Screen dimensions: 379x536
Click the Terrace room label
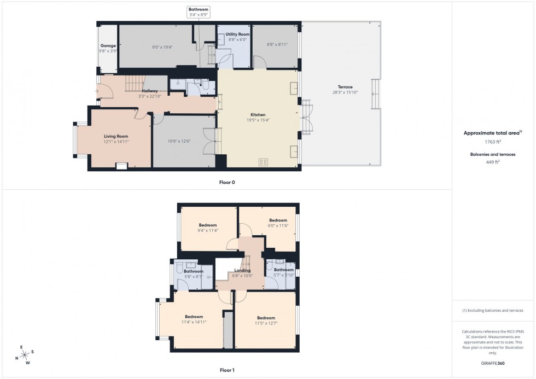(x=345, y=87)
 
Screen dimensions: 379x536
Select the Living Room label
(x=116, y=136)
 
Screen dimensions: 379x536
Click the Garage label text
(x=107, y=46)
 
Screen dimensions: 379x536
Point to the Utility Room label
(x=237, y=34)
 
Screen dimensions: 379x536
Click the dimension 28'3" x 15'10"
(x=345, y=92)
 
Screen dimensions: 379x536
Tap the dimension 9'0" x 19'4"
(x=162, y=47)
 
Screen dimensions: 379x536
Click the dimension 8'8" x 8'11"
(x=277, y=45)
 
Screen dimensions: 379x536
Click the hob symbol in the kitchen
(x=263, y=162)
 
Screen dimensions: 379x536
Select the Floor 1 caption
(x=227, y=370)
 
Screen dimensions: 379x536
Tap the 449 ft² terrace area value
(x=493, y=162)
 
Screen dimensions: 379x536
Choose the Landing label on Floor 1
(x=242, y=270)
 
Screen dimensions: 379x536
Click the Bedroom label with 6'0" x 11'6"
(x=278, y=220)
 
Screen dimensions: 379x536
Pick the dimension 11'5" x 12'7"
(x=266, y=324)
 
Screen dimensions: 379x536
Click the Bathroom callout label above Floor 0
(x=198, y=9)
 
